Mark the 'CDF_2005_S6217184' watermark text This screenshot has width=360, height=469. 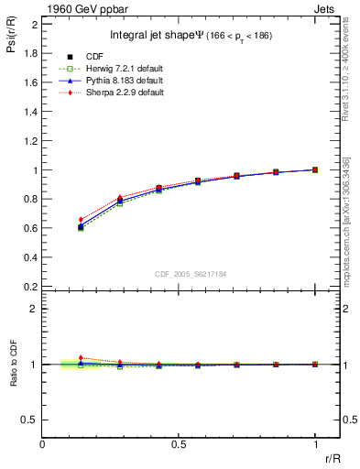(x=191, y=273)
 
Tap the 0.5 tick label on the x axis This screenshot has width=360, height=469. (x=179, y=445)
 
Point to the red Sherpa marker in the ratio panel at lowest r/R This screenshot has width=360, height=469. (x=81, y=358)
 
